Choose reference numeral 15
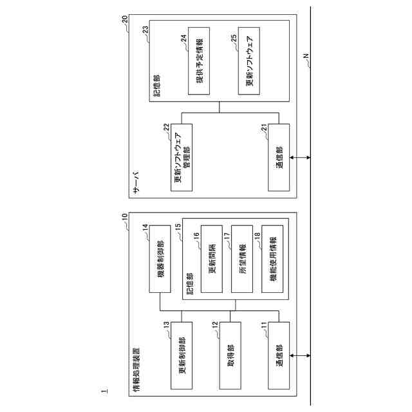178,227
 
